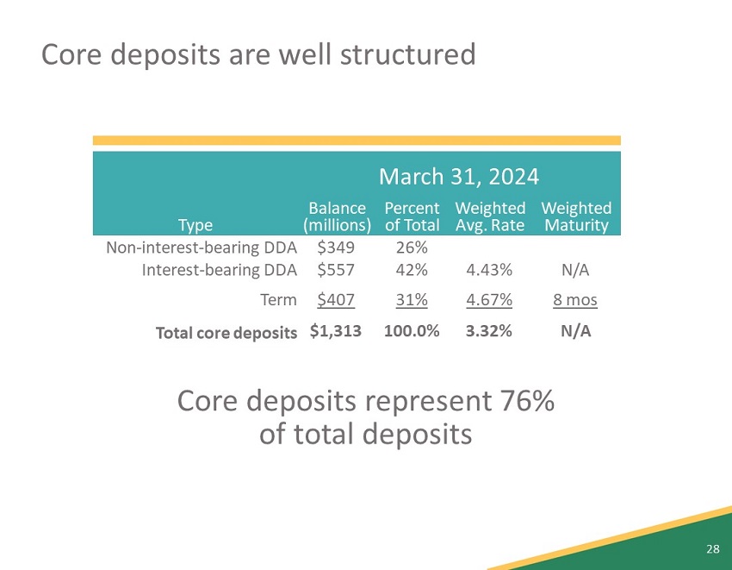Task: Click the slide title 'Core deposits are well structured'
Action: point(258,54)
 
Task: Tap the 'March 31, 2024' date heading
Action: point(459,177)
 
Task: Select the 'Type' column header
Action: point(195,226)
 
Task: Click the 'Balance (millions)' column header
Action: point(338,217)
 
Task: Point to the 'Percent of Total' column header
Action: point(412,217)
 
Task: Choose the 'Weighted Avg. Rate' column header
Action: point(490,217)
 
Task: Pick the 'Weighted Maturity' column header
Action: point(576,217)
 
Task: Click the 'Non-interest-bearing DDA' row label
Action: point(202,247)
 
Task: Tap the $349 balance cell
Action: point(335,247)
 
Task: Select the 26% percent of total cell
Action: point(412,247)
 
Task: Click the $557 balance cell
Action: point(335,270)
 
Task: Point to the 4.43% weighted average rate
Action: point(489,270)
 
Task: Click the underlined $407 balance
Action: point(335,300)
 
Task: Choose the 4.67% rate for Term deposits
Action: point(489,300)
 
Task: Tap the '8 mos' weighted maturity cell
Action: point(575,300)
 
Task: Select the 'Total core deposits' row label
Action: point(226,332)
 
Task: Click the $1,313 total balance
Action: point(335,331)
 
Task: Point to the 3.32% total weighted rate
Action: point(489,331)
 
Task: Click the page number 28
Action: point(712,549)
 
